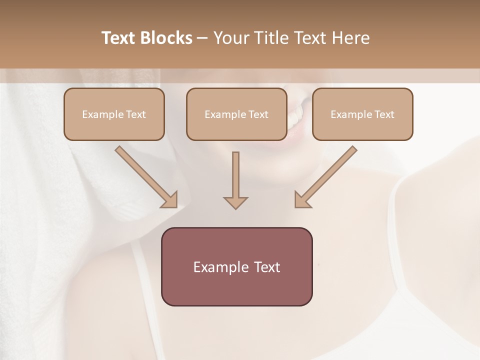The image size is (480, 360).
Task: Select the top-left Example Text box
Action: pos(114,114)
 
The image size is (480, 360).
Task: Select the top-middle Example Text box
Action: pos(236,114)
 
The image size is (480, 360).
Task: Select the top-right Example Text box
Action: pos(362,114)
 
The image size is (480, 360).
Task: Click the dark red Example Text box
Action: pos(236,266)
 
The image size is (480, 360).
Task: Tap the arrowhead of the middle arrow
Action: pos(235,202)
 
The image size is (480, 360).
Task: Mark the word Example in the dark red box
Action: pos(220,267)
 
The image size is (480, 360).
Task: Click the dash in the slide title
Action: pos(202,38)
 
